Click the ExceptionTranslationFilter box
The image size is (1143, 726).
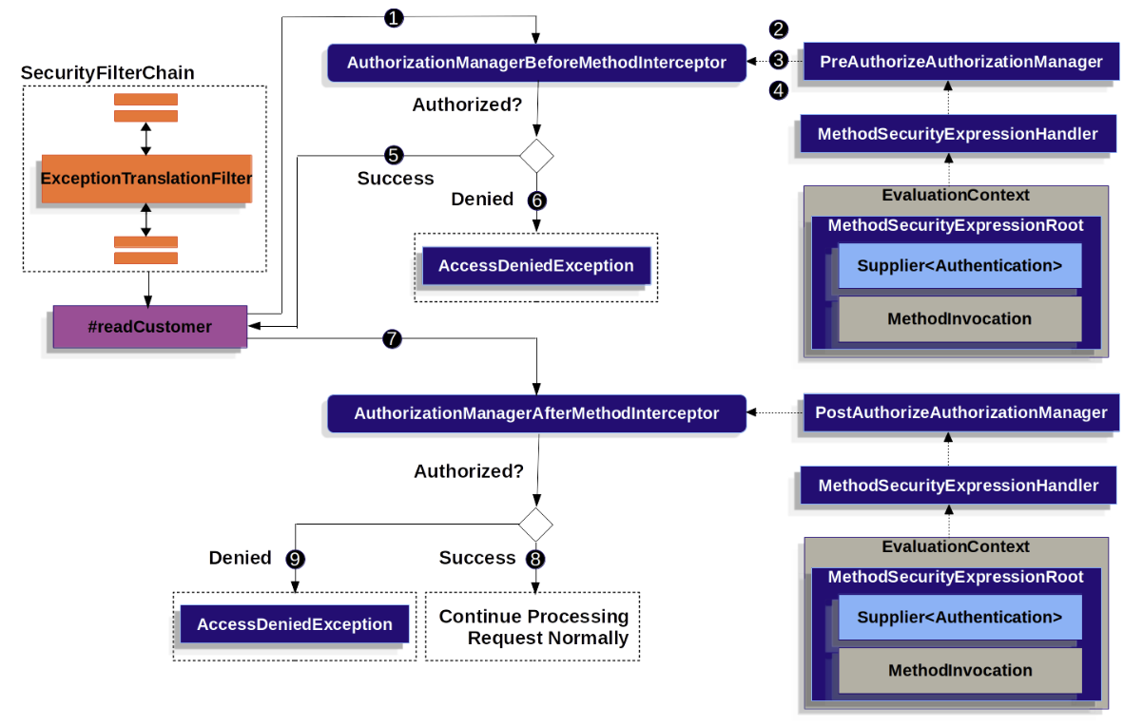tap(146, 179)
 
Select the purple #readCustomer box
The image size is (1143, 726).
tap(150, 327)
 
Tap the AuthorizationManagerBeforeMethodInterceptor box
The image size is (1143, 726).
tap(537, 63)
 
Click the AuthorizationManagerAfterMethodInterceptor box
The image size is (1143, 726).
tap(537, 413)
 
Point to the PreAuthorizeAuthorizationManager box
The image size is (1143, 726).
tap(961, 62)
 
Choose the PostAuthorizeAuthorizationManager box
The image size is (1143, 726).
tap(961, 412)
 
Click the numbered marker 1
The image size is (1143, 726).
tap(394, 18)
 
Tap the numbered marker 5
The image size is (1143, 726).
tap(394, 155)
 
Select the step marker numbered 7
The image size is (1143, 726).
tap(392, 339)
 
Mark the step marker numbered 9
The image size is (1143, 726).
tap(295, 560)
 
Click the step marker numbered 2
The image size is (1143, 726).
tap(778, 29)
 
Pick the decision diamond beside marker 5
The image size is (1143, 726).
tap(536, 156)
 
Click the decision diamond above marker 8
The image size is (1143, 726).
tap(535, 525)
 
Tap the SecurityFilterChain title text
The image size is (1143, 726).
tap(107, 73)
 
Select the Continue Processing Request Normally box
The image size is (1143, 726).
tap(533, 626)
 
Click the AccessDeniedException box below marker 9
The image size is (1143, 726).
tap(295, 624)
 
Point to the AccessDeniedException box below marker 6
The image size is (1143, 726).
tap(536, 266)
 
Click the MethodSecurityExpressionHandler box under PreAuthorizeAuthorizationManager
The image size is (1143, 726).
tap(959, 134)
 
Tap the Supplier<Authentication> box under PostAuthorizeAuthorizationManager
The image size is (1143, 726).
tap(959, 618)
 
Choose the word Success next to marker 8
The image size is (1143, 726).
tap(477, 558)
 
